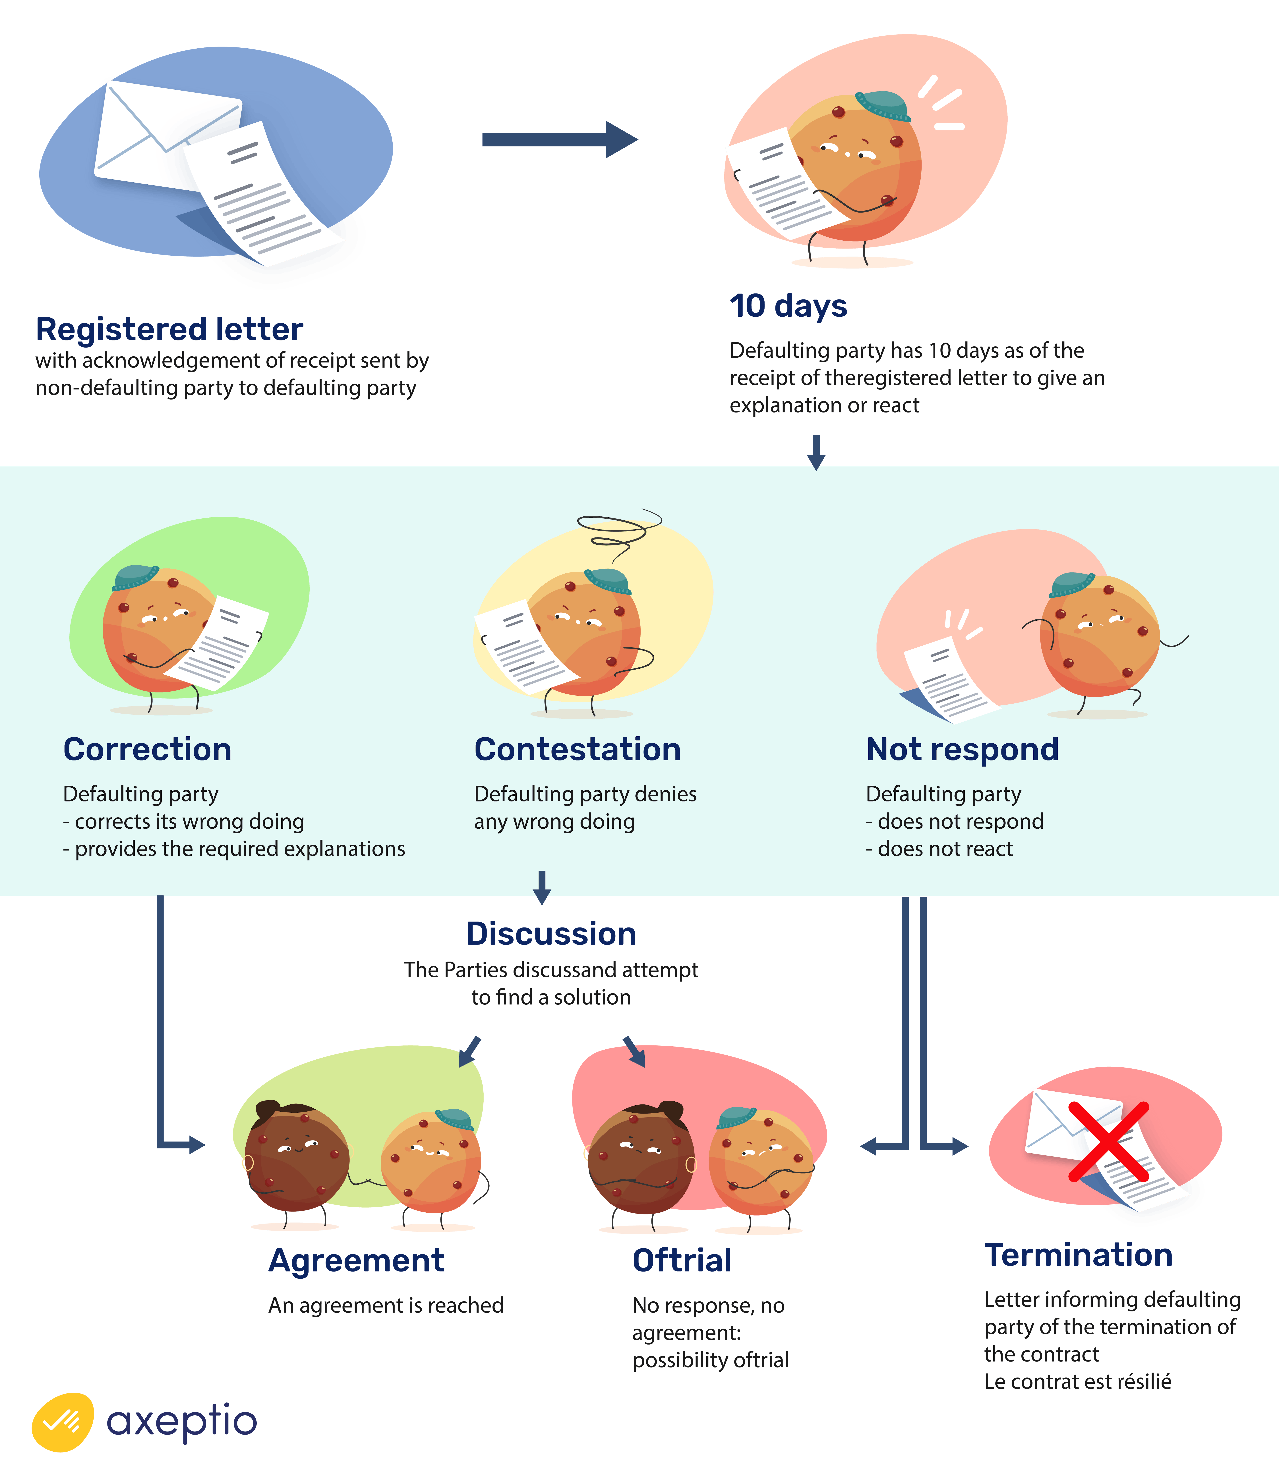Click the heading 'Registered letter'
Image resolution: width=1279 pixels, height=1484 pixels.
[x=170, y=330]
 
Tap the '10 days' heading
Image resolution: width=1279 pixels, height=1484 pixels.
[x=788, y=306]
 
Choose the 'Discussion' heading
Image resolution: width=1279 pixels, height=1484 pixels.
[x=551, y=934]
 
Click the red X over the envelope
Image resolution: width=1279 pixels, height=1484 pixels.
[x=1108, y=1141]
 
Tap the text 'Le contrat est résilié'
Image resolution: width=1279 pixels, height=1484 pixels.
[x=1078, y=1382]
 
